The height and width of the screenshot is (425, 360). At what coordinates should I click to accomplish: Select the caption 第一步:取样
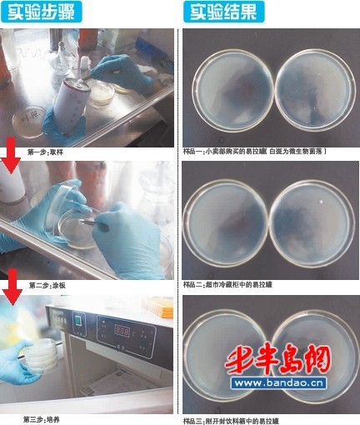pos(45,152)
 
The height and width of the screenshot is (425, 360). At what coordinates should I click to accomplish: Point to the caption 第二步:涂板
pos(48,285)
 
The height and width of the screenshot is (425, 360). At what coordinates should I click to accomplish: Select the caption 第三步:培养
pos(42,418)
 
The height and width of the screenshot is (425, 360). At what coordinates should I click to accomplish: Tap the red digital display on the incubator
pos(122,331)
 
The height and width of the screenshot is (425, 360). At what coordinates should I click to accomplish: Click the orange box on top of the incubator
pos(163,308)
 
